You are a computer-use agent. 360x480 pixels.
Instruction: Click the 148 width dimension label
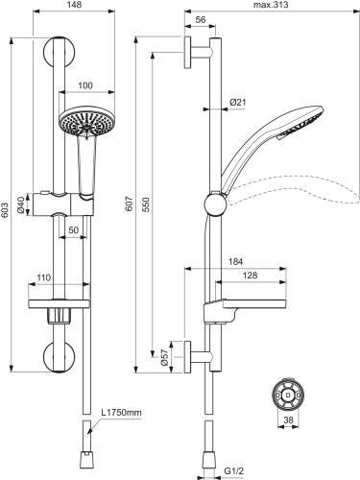[75, 5]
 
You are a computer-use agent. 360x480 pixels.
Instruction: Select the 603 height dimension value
[5, 210]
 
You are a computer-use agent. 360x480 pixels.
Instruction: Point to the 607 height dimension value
[130, 204]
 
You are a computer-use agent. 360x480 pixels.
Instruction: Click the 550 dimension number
[146, 204]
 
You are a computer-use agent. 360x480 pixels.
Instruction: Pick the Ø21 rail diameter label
[238, 103]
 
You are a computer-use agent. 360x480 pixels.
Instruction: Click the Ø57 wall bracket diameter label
[163, 357]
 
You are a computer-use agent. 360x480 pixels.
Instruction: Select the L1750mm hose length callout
[121, 413]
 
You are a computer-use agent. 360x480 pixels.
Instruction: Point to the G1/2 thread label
[233, 470]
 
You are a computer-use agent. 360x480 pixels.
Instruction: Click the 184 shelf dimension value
[235, 262]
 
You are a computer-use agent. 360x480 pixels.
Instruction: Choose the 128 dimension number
[250, 276]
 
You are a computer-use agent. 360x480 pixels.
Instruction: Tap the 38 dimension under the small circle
[288, 420]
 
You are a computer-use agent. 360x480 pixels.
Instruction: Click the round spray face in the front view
[86, 122]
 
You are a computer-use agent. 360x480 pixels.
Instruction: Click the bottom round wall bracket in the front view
[60, 357]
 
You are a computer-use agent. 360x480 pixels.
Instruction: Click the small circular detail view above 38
[288, 395]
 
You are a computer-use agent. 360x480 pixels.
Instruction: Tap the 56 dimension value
[201, 20]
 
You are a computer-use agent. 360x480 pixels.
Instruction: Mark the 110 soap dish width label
[43, 277]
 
